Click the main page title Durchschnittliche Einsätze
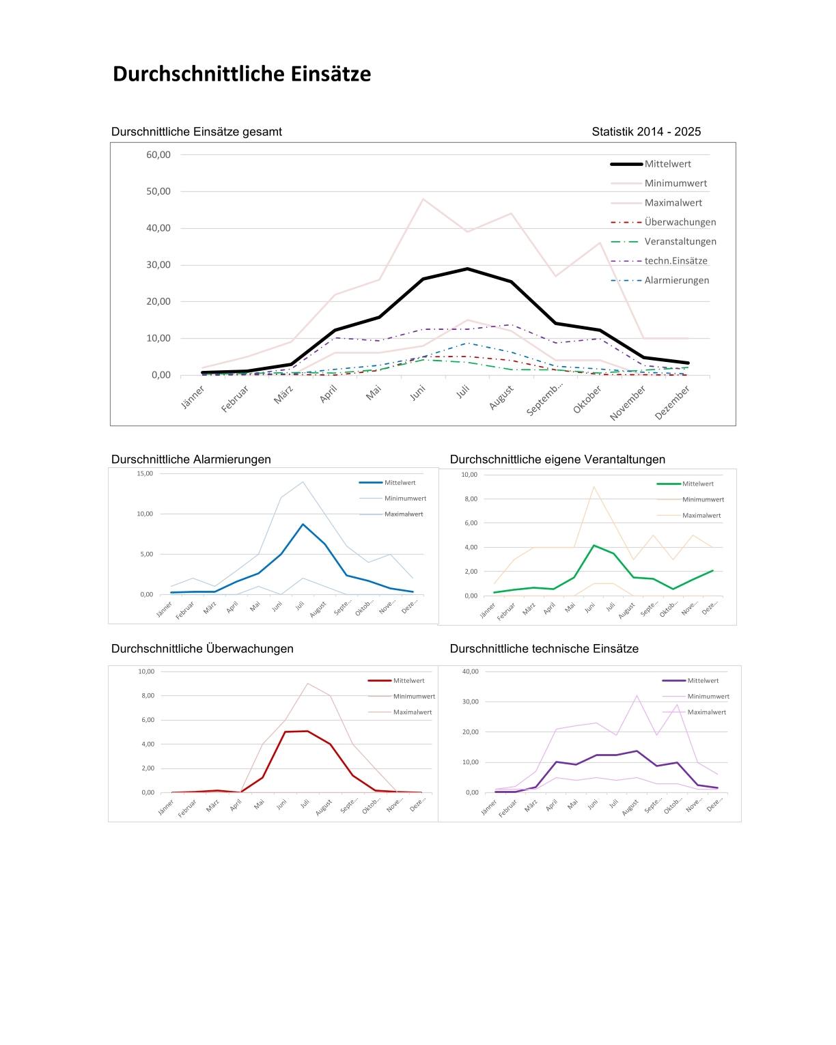click(242, 74)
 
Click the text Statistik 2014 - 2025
click(646, 132)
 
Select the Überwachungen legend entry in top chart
click(680, 222)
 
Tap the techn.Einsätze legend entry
click(675, 261)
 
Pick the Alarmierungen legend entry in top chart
click(676, 280)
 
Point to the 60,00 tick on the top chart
click(158, 154)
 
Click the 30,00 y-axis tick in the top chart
click(158, 265)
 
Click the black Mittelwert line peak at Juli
click(467, 268)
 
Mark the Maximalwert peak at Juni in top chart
click(423, 199)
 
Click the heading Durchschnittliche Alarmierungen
click(191, 460)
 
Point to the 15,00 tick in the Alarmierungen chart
click(145, 473)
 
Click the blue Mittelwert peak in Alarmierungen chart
click(303, 525)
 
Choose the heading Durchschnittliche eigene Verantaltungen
click(557, 460)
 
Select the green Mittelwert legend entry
click(697, 484)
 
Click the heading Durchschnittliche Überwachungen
click(202, 649)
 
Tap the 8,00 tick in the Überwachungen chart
click(147, 696)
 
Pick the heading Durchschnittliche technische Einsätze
click(544, 649)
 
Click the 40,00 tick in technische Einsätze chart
click(471, 671)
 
